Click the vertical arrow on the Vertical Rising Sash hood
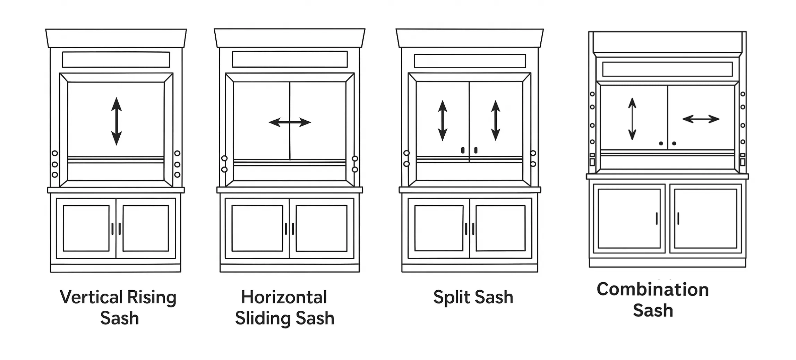117,121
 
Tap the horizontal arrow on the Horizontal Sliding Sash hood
290,122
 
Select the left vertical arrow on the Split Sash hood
443,120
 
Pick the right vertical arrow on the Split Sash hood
496,120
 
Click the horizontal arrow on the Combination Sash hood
701,119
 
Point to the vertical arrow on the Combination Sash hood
632,119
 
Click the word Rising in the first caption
152,297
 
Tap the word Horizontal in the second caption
284,297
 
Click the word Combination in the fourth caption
652,289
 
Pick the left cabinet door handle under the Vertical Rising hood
112,229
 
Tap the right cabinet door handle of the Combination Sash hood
678,218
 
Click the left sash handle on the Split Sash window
463,150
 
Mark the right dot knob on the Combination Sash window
674,144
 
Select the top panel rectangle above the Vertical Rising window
116,60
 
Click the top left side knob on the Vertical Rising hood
55,153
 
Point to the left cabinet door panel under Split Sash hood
439,228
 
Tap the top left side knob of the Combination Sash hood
592,94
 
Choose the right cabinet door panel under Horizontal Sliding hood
322,228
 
